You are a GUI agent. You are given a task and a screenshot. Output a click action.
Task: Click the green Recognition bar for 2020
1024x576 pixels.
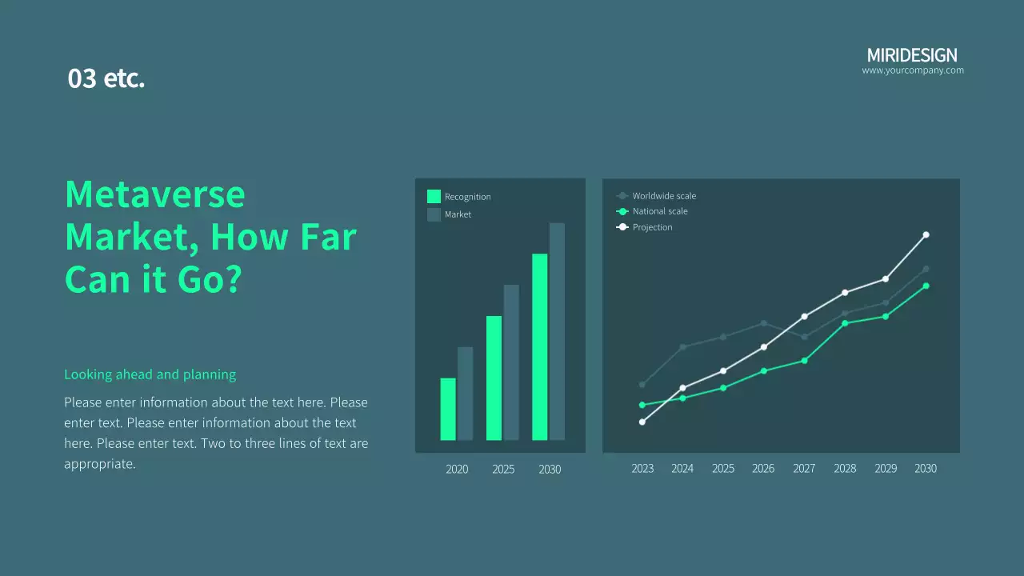(x=448, y=409)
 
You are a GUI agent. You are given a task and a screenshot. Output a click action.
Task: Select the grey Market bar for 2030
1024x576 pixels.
(x=557, y=331)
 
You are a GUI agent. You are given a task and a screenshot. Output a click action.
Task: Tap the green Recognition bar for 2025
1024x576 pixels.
(x=494, y=378)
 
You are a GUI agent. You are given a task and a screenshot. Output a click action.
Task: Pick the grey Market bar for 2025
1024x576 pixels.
(x=511, y=362)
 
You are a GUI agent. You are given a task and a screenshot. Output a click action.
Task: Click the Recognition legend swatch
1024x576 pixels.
(x=434, y=197)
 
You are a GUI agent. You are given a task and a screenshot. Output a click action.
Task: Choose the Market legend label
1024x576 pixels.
(x=458, y=214)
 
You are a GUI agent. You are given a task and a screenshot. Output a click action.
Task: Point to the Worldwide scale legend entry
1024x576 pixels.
(x=656, y=196)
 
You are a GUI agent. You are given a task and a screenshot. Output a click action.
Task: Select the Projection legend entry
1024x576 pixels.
(x=644, y=227)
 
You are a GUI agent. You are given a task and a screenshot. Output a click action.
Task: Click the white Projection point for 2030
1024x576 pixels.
(x=926, y=235)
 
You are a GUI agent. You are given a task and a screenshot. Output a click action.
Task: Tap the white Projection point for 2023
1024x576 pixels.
(x=642, y=422)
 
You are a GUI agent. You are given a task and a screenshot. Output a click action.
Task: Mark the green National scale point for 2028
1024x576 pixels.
(x=845, y=324)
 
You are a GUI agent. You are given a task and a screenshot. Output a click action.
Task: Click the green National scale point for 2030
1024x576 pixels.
(x=926, y=286)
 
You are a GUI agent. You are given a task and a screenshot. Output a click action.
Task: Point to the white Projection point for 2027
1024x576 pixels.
(x=805, y=316)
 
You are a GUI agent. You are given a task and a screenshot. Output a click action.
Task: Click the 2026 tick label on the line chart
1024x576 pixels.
(x=763, y=469)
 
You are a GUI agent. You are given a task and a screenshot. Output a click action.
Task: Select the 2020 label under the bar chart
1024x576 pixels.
(x=457, y=470)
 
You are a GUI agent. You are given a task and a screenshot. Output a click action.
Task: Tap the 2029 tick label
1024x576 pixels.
(x=886, y=469)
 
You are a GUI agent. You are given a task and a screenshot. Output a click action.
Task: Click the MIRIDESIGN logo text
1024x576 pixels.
(x=912, y=55)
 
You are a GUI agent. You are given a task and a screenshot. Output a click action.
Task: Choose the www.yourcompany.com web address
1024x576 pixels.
(x=913, y=70)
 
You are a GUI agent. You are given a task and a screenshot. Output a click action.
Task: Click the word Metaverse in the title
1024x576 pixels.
(x=155, y=194)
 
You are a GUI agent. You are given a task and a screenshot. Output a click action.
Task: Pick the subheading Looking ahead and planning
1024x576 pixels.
(x=150, y=374)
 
